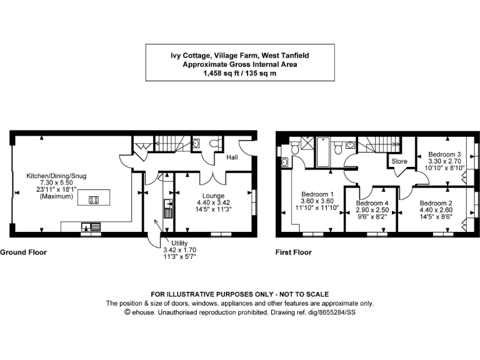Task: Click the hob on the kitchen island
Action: pyautogui.click(x=94, y=200)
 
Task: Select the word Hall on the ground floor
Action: pyautogui.click(x=232, y=157)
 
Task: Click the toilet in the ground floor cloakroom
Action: pyautogui.click(x=214, y=144)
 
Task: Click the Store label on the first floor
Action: pyautogui.click(x=399, y=161)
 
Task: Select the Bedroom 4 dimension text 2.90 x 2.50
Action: pyautogui.click(x=372, y=211)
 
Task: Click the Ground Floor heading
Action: pyautogui.click(x=23, y=252)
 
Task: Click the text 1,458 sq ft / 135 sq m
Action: pyautogui.click(x=239, y=73)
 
